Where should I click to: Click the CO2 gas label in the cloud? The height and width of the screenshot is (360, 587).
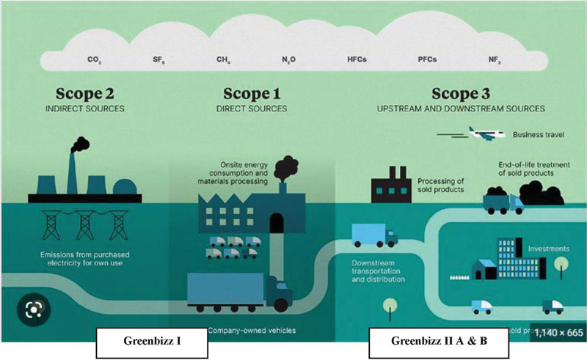[x=93, y=59]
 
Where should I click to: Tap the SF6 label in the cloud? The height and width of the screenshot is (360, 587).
[x=158, y=59]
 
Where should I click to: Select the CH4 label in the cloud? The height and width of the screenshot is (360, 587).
[x=223, y=59]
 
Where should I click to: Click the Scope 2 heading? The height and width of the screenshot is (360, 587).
[x=87, y=95]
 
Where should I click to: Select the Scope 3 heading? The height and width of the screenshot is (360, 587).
[x=460, y=95]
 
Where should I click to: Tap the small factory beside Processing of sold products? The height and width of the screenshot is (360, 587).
[x=392, y=183]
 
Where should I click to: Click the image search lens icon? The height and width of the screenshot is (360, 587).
[x=32, y=309]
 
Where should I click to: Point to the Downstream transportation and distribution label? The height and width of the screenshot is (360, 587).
[x=378, y=271]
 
